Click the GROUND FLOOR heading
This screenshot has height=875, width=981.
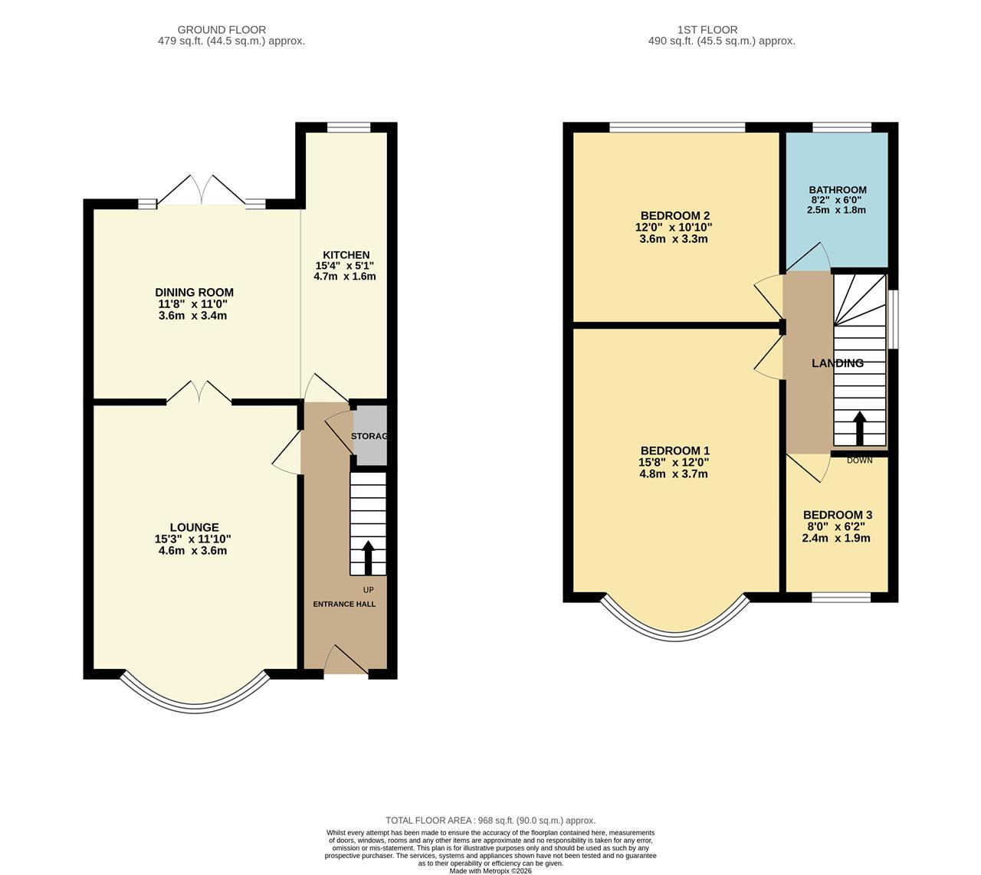(x=221, y=30)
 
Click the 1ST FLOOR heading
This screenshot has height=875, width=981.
(x=707, y=30)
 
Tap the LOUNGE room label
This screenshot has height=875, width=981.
(x=194, y=527)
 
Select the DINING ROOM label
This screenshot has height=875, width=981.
(x=194, y=292)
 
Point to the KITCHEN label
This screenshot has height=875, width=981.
(x=346, y=254)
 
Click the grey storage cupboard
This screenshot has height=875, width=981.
(x=370, y=436)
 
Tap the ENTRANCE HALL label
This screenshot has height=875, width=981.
(x=344, y=604)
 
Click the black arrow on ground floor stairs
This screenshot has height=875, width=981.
(x=368, y=558)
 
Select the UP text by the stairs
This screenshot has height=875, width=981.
(x=369, y=590)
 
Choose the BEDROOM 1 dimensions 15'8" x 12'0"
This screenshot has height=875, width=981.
(x=674, y=462)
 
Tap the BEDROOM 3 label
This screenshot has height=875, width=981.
(x=837, y=515)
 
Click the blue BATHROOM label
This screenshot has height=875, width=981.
(x=837, y=190)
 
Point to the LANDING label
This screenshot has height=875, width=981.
(x=838, y=363)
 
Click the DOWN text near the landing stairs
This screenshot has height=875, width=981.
(x=859, y=460)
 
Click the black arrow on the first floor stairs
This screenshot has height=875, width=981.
(x=859, y=428)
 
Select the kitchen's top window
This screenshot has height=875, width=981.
(x=349, y=128)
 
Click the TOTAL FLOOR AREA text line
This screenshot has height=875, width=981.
(x=490, y=820)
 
